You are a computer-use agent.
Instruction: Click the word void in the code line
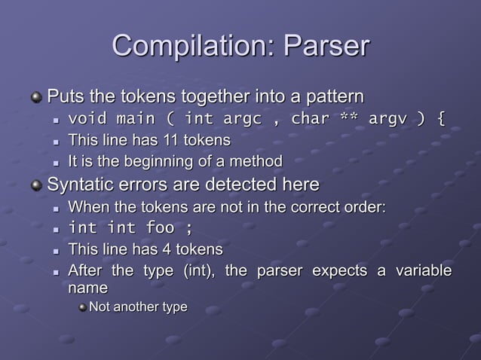tap(87, 119)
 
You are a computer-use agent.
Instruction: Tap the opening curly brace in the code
tap(441, 119)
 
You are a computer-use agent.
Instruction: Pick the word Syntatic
tap(80, 185)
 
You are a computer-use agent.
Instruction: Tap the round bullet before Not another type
tap(84, 307)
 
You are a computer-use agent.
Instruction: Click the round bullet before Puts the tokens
tap(38, 98)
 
